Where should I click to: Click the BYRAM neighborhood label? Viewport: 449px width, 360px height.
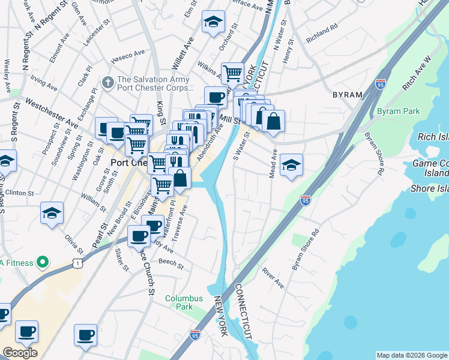(x=348, y=95)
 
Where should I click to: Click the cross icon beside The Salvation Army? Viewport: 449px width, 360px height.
(x=108, y=81)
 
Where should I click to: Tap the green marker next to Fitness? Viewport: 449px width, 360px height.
(x=42, y=262)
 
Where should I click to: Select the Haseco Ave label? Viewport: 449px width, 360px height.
(x=127, y=57)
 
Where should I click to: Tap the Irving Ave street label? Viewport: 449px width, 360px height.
(x=43, y=84)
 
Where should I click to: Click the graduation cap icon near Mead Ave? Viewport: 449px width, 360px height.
(x=292, y=164)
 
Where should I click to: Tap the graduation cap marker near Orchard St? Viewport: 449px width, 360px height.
(x=212, y=22)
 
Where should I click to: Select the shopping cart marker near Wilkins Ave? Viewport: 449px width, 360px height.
(x=232, y=73)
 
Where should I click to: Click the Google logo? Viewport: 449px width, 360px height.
(x=20, y=353)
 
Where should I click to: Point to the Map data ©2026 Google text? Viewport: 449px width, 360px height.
(x=411, y=355)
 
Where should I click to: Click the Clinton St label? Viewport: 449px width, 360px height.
(x=22, y=194)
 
